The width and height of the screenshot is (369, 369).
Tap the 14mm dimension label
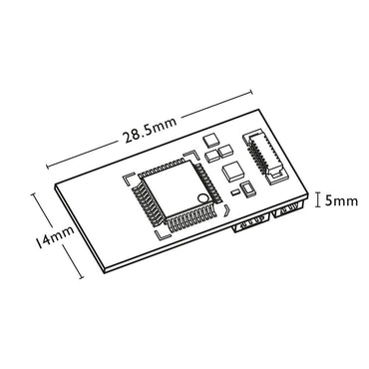49,239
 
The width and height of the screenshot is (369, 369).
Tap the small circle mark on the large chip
202,200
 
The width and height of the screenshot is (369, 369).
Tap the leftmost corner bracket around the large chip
127,182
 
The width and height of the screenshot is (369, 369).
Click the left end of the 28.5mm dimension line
47,166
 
